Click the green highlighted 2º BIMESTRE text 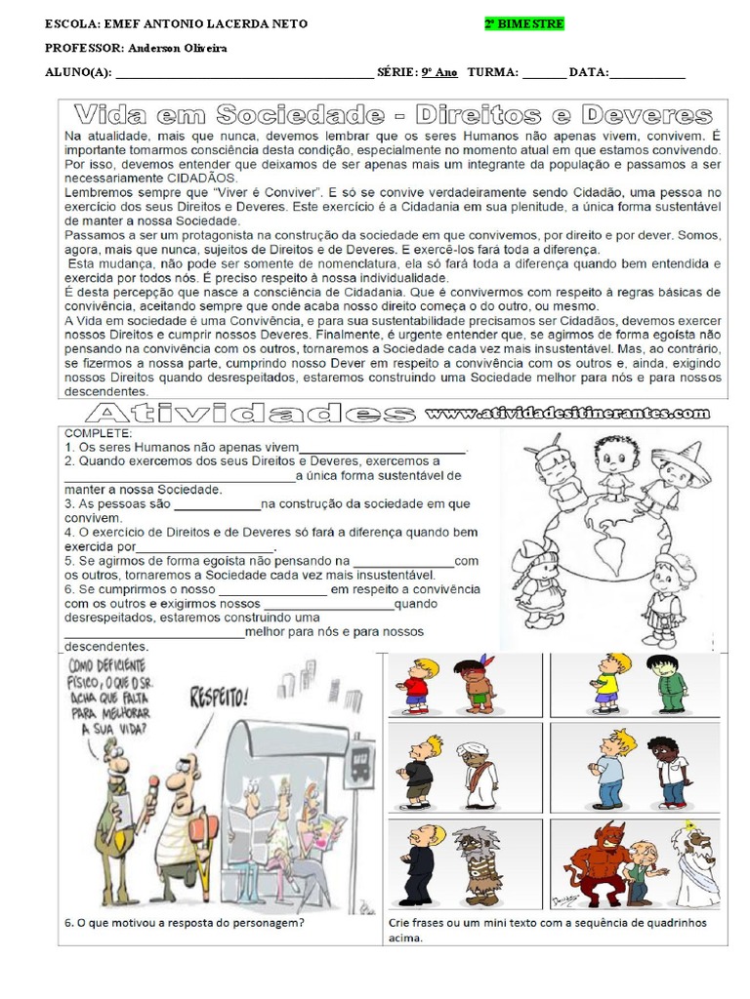[x=523, y=23]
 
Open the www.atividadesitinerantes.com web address [x=567, y=414]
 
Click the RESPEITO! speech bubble [x=219, y=698]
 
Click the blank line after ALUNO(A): [x=244, y=73]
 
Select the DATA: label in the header [x=589, y=72]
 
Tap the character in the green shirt [x=670, y=684]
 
